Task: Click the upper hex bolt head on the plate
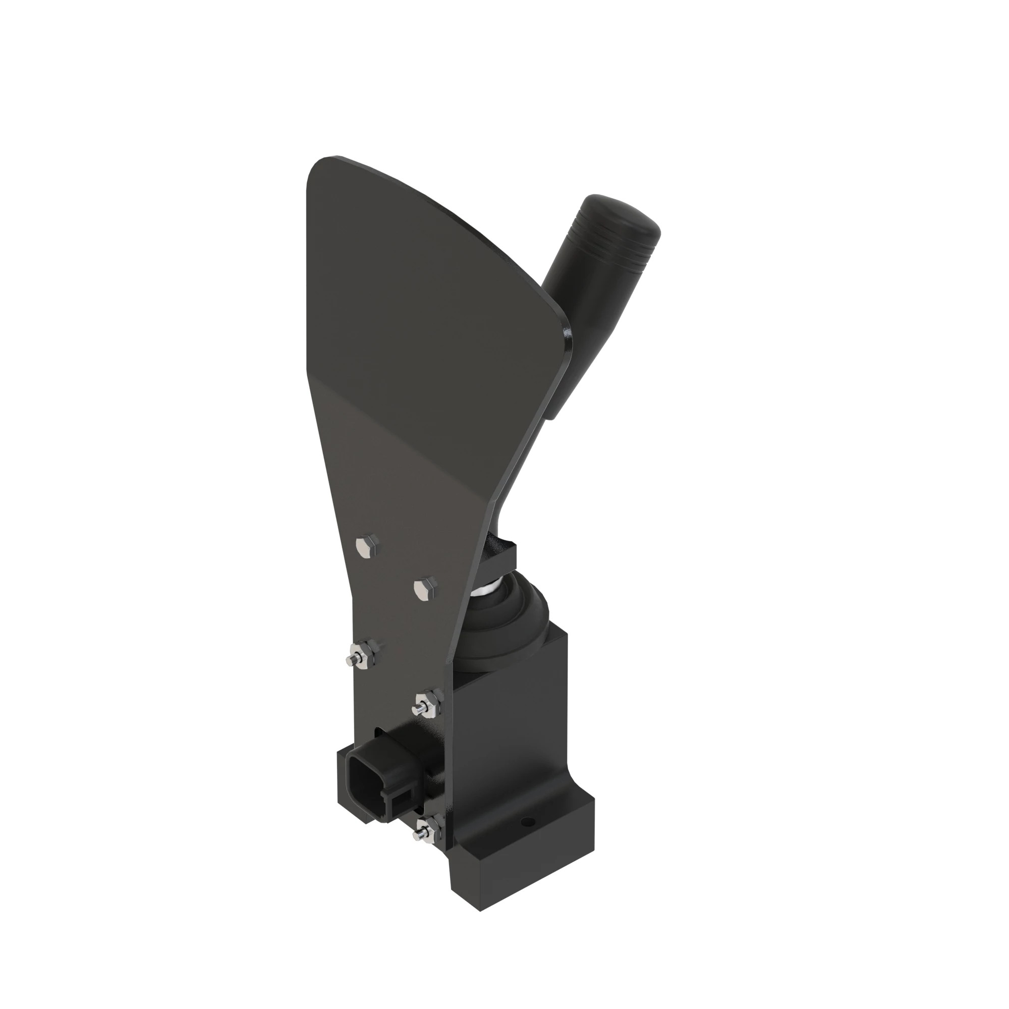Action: (367, 546)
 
